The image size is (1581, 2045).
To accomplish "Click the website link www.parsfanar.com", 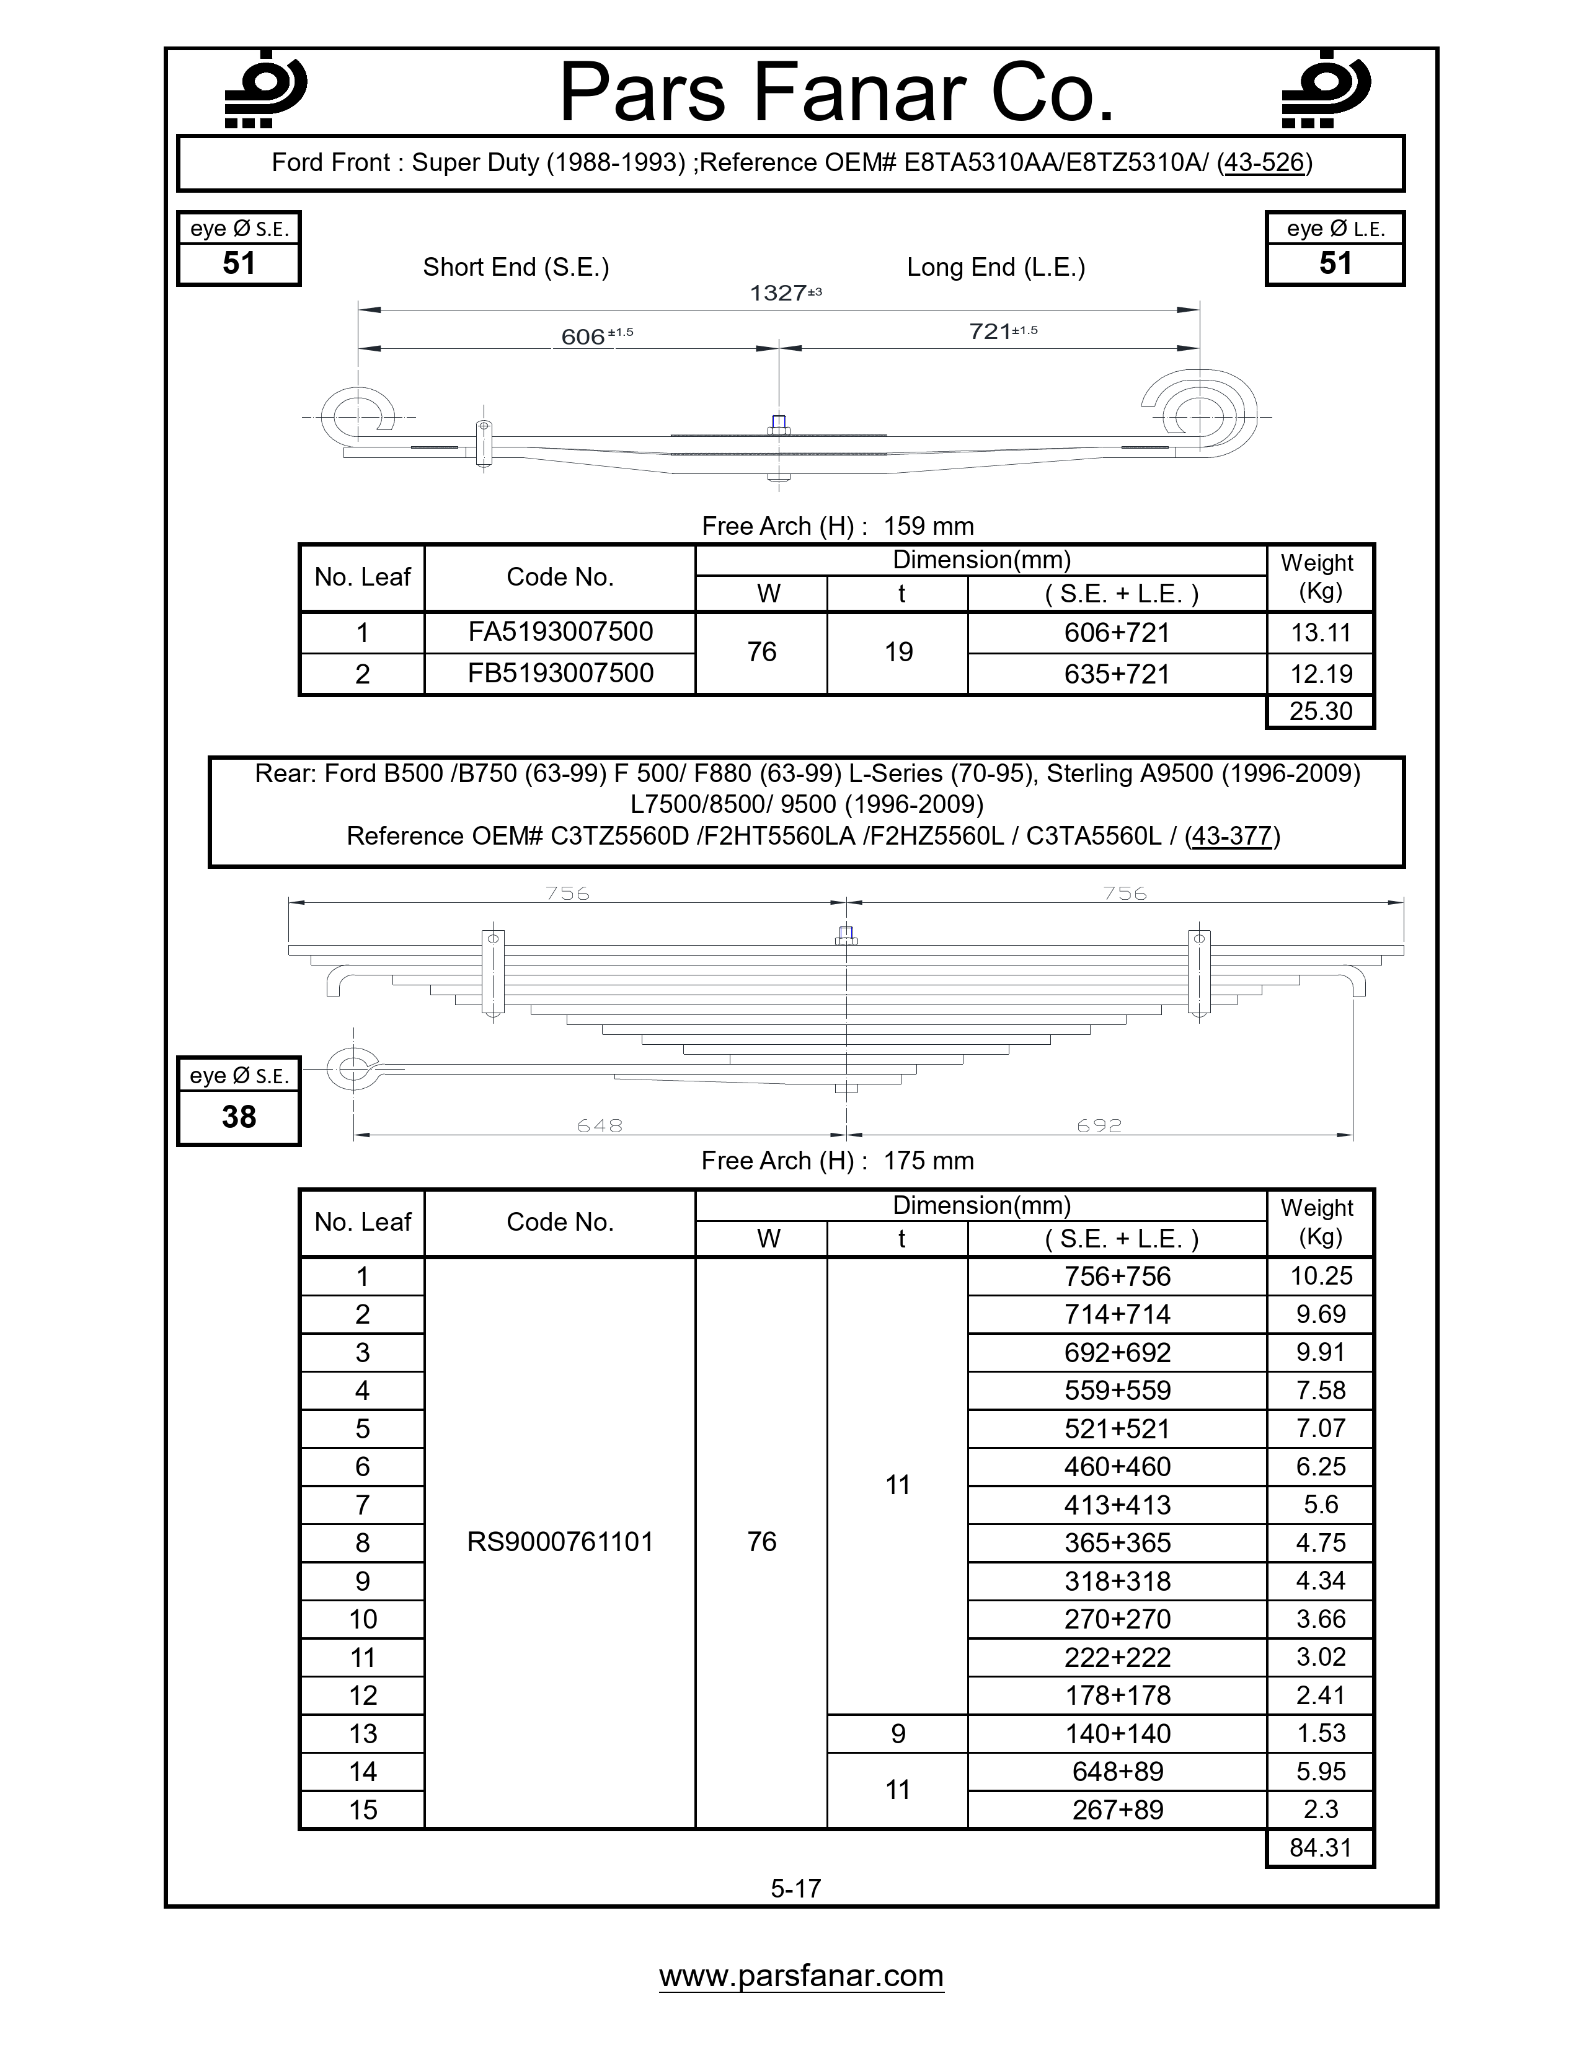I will pyautogui.click(x=801, y=1976).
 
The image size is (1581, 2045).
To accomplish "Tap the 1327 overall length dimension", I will pyautogui.click(x=777, y=293).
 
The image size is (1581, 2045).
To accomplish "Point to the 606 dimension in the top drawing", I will pyautogui.click(x=583, y=336).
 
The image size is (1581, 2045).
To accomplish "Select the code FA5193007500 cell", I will pyautogui.click(x=560, y=632).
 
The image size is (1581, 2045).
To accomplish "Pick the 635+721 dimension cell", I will pyautogui.click(x=1117, y=674).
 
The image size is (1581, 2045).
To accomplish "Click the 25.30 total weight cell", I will pyautogui.click(x=1321, y=711).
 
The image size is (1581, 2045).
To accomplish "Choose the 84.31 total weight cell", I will pyautogui.click(x=1321, y=1847).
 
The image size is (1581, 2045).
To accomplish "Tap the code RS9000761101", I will pyautogui.click(x=560, y=1542).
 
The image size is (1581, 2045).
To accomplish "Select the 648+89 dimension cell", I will pyautogui.click(x=1117, y=1772).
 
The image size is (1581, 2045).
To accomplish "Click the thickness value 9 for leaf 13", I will pyautogui.click(x=898, y=1734).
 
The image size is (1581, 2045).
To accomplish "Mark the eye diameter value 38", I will pyautogui.click(x=239, y=1117).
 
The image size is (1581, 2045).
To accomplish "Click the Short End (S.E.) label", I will pyautogui.click(x=516, y=268).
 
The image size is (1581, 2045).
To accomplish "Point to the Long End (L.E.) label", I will pyautogui.click(x=996, y=268).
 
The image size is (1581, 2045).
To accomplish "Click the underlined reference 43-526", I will pyautogui.click(x=1264, y=163).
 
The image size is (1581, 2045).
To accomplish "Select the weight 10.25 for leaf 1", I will pyautogui.click(x=1321, y=1276).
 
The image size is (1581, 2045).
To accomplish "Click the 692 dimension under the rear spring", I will pyautogui.click(x=1099, y=1125).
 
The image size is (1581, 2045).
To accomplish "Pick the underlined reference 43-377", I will pyautogui.click(x=1232, y=836).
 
